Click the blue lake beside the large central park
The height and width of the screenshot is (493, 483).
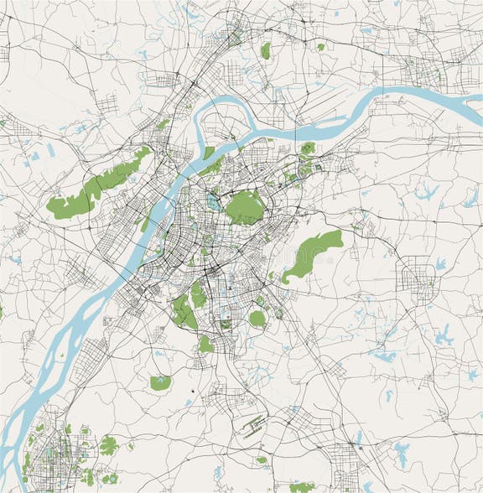pos(213,202)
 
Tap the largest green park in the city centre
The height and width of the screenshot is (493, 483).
pos(244,207)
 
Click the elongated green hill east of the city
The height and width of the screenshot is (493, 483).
pos(311,254)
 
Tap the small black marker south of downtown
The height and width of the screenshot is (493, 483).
pos(192,390)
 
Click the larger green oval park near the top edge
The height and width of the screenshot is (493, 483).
pos(266,51)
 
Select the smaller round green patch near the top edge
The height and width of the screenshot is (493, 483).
pos(320,47)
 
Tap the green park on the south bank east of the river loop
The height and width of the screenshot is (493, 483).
pos(308,149)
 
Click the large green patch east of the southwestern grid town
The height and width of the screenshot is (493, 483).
pos(108,445)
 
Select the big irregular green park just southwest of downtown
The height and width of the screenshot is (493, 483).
pos(184,311)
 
